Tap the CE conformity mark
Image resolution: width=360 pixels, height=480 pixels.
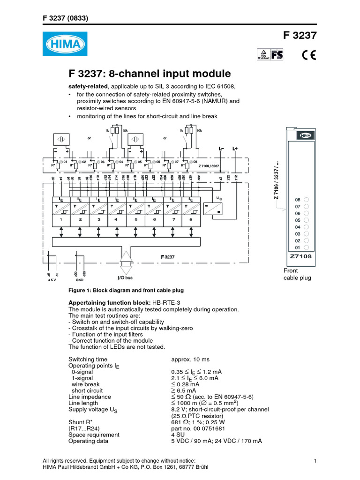pyautogui.click(x=308, y=54)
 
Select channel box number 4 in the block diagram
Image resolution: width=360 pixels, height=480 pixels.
pyautogui.click(x=116, y=219)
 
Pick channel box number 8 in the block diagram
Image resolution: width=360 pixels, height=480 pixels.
pyautogui.click(x=190, y=219)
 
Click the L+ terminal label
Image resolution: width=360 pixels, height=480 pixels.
pyautogui.click(x=235, y=149)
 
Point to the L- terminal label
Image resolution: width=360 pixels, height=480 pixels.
pyautogui.click(x=221, y=149)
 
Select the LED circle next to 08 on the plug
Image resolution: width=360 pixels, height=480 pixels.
pyautogui.click(x=306, y=199)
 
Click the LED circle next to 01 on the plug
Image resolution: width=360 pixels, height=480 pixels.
pyautogui.click(x=306, y=247)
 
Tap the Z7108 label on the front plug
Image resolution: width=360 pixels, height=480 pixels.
pyautogui.click(x=300, y=256)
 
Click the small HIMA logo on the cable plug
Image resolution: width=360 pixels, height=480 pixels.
pyautogui.click(x=300, y=135)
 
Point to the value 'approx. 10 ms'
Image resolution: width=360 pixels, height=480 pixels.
pyautogui.click(x=190, y=359)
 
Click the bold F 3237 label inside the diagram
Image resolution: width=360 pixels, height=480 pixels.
pyautogui.click(x=167, y=257)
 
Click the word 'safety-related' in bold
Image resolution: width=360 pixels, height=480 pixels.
pyautogui.click(x=89, y=87)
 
